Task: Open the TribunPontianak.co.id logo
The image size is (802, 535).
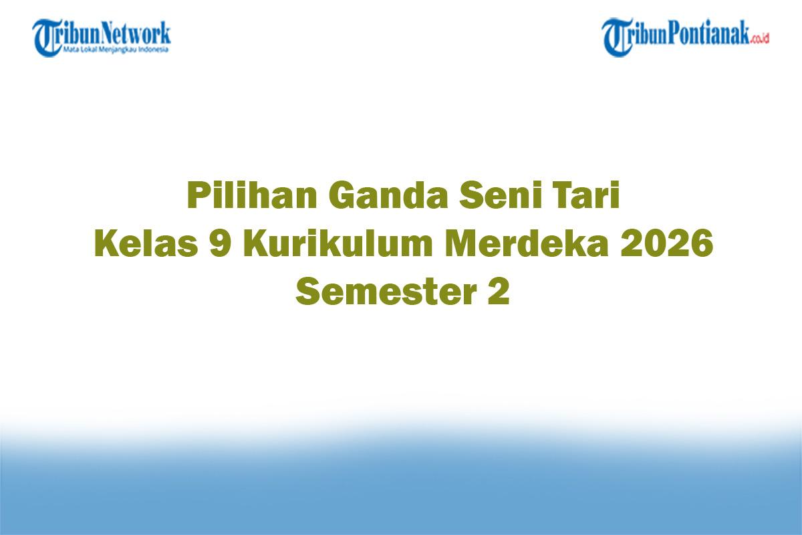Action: tap(685, 37)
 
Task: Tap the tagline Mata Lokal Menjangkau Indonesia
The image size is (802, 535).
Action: tap(116, 49)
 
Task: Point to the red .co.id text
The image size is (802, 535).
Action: tap(759, 39)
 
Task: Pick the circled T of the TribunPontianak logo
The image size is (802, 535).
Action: tap(617, 37)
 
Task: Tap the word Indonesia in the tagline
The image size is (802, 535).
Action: tap(154, 49)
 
